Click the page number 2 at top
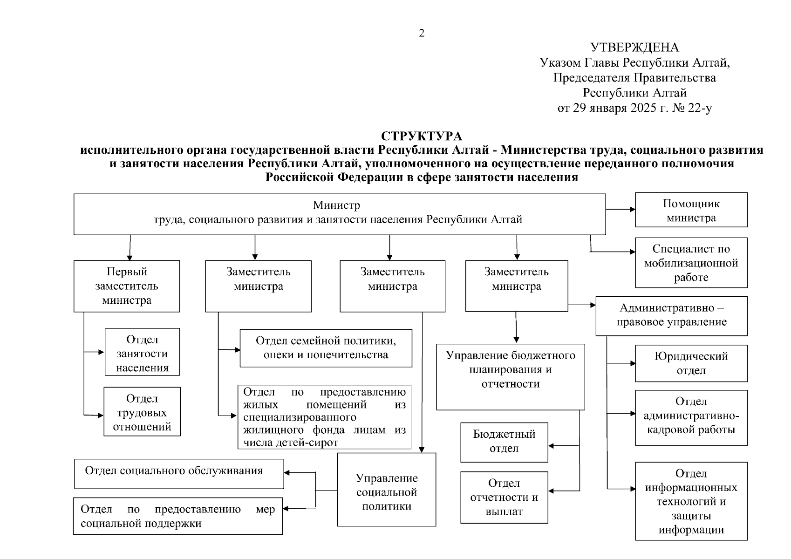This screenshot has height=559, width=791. (x=422, y=34)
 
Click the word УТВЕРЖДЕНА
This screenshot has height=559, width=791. (x=634, y=48)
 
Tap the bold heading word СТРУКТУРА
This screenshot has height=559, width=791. (x=422, y=136)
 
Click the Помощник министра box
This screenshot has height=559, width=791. (x=691, y=210)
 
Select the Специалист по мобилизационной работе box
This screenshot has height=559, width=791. (x=691, y=263)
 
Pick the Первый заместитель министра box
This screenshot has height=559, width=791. (x=127, y=286)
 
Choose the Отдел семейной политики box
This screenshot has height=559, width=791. (x=326, y=348)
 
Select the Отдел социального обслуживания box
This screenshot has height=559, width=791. (x=179, y=473)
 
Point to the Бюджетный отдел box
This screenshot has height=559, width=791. (x=504, y=442)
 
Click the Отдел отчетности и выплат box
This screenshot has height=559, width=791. (x=504, y=497)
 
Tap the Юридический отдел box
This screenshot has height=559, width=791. (x=691, y=363)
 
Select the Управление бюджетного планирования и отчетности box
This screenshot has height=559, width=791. (x=511, y=376)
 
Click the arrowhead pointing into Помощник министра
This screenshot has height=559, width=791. (x=632, y=209)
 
